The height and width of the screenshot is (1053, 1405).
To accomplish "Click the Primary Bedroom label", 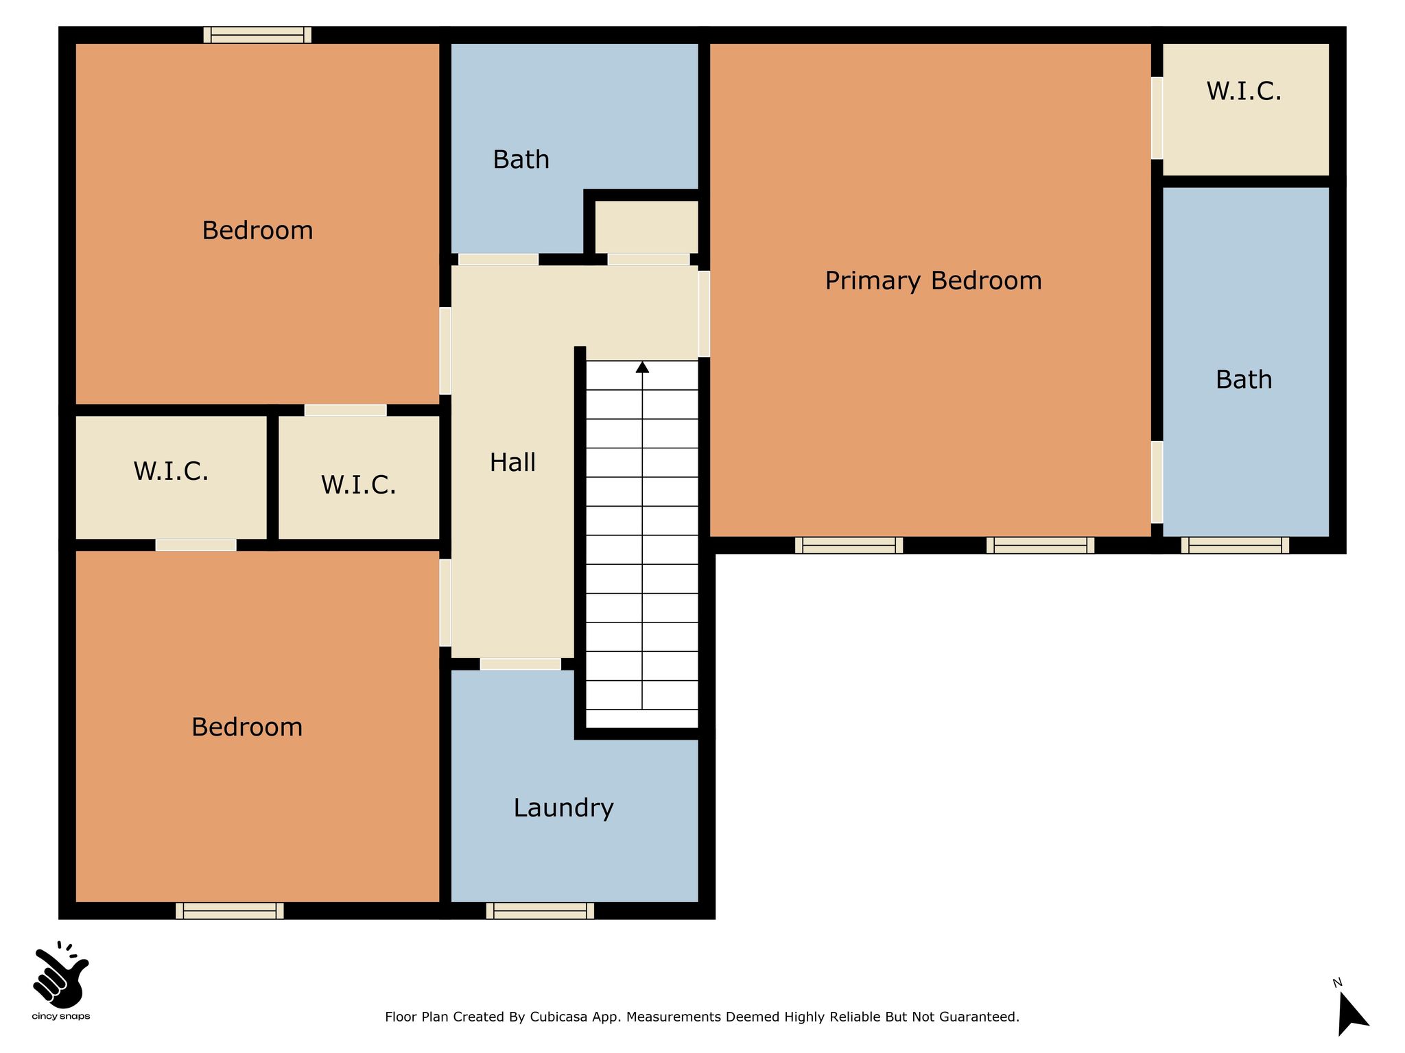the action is click(x=933, y=281).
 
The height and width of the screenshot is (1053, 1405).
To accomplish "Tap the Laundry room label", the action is click(x=563, y=808).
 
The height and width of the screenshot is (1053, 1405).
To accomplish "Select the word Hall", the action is click(x=512, y=463).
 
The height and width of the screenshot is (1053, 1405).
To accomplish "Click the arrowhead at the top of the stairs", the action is click(x=642, y=367).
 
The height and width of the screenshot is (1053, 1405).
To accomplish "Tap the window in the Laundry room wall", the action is click(x=540, y=910).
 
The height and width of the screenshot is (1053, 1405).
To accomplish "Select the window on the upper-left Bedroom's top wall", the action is click(x=257, y=35).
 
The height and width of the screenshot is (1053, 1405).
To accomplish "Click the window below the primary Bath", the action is click(x=1235, y=545).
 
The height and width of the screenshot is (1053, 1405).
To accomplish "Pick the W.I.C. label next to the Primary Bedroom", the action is click(x=1244, y=91).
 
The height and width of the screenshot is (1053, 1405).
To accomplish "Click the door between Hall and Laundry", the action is click(x=520, y=664).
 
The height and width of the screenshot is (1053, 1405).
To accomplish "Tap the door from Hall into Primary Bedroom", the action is click(x=704, y=314).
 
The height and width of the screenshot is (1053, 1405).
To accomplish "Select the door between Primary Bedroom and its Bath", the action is click(x=1157, y=483).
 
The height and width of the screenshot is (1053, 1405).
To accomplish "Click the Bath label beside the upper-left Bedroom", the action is click(x=521, y=160).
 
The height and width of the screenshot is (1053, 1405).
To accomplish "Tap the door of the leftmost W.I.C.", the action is click(x=196, y=545).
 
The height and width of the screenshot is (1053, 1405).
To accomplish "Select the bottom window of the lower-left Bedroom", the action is click(x=230, y=910).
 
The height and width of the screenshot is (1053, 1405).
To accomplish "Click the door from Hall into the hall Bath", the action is click(x=498, y=259).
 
